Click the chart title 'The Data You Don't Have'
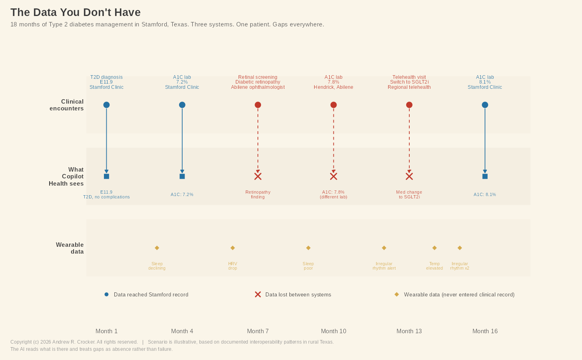[x=76, y=12]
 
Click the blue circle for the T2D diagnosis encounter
[x=106, y=105]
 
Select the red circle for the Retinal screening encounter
[x=258, y=105]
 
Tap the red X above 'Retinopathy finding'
[x=258, y=176]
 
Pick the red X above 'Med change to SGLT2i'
[x=409, y=176]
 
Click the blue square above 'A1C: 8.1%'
[x=485, y=176]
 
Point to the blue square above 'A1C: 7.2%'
[x=182, y=176]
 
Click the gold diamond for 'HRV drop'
[x=233, y=248]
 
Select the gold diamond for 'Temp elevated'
[x=435, y=248]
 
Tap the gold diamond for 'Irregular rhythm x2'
[x=460, y=248]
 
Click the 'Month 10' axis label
[x=333, y=331]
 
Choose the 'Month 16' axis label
[x=485, y=331]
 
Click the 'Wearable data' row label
[x=70, y=248]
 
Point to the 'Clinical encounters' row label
[x=67, y=105]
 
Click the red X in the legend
[x=258, y=294]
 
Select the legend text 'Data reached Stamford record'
[x=151, y=295]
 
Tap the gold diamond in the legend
[x=397, y=294]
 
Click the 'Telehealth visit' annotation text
[x=409, y=77]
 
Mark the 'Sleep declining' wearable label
[x=157, y=266]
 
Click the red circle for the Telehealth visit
[x=409, y=105]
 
